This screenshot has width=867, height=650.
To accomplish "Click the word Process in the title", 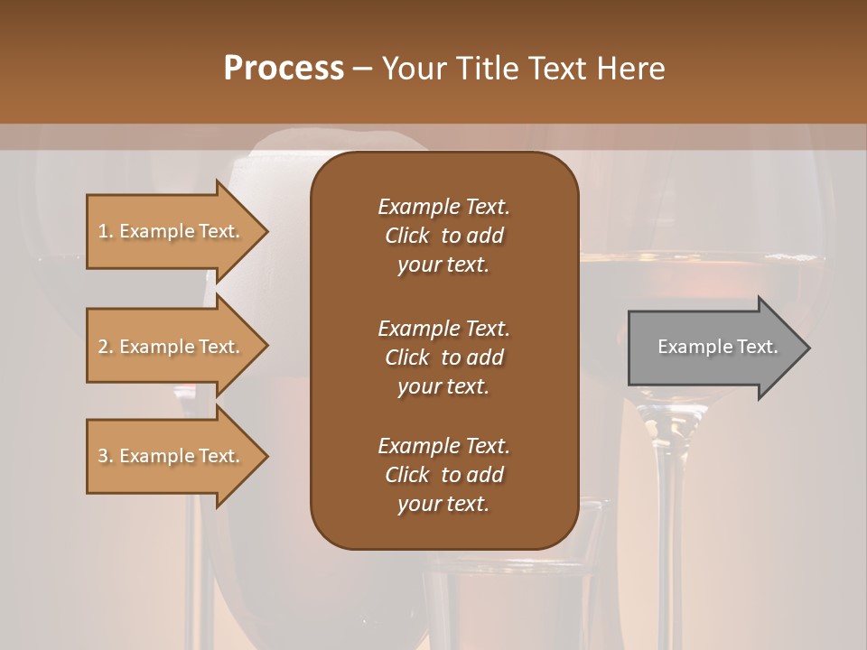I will (284, 69).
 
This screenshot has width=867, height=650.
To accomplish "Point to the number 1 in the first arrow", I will (103, 231).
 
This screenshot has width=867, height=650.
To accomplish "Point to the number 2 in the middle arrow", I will (103, 347).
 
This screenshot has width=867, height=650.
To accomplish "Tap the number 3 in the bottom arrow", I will (103, 456).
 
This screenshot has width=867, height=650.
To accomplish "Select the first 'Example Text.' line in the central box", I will (443, 207).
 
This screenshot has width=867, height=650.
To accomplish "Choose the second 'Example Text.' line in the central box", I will (443, 328).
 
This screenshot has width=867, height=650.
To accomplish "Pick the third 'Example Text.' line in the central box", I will (443, 446).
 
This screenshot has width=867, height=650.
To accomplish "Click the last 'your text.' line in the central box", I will (443, 505).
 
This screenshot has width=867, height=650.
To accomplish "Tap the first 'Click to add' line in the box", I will (443, 236).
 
